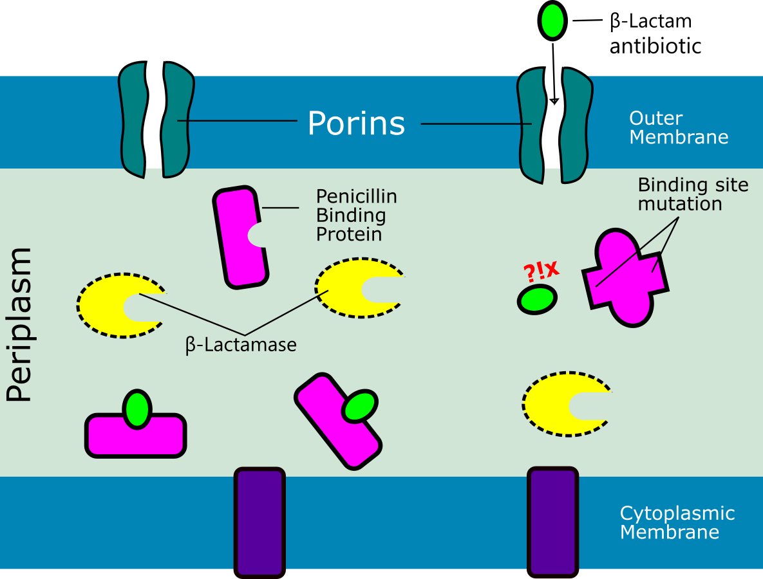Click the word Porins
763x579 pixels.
(x=356, y=123)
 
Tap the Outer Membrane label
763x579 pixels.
(x=678, y=128)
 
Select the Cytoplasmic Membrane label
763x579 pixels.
(x=677, y=522)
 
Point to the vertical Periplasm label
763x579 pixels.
(x=19, y=325)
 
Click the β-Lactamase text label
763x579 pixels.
(x=241, y=345)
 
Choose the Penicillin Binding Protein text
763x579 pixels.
(x=356, y=215)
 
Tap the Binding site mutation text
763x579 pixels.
(x=693, y=194)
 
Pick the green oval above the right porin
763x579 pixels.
(x=552, y=21)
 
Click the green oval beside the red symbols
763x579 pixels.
(x=538, y=300)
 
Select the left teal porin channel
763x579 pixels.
(x=156, y=120)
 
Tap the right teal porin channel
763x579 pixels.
(x=554, y=125)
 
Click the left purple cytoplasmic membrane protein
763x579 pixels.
(x=259, y=522)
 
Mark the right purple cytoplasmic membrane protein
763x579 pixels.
(x=552, y=522)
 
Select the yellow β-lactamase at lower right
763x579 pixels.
(x=554, y=405)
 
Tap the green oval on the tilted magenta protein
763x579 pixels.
(x=359, y=407)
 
